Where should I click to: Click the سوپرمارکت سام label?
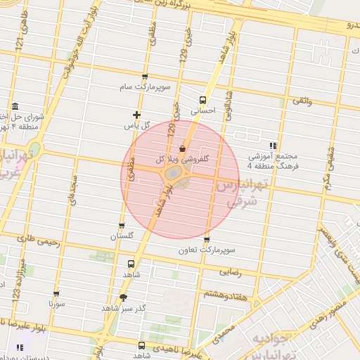[145, 87]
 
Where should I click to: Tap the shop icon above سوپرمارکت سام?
[145, 77]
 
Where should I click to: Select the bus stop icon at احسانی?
[203, 99]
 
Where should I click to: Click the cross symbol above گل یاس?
[136, 115]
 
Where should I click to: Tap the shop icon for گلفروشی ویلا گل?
[183, 149]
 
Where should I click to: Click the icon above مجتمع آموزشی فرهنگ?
[273, 146]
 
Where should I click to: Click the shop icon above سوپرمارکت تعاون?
[205, 240]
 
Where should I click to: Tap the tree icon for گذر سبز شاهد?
[124, 297]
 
